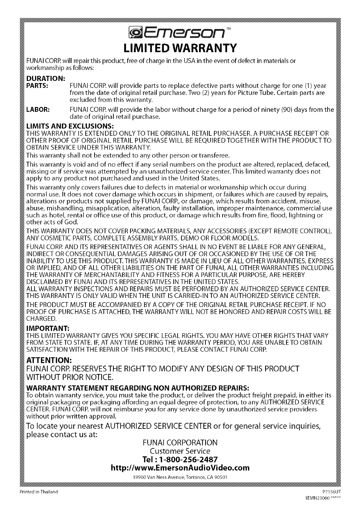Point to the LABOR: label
point(39,110)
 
